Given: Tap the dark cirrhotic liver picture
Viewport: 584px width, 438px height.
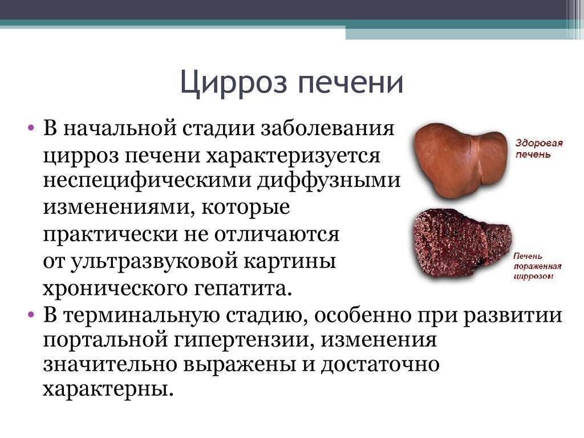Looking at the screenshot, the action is (x=463, y=244).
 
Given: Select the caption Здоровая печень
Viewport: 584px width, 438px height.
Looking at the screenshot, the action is (x=538, y=149).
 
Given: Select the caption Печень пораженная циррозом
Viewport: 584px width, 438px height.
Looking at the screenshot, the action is (x=537, y=266).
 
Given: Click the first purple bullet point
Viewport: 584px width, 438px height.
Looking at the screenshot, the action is (x=31, y=128).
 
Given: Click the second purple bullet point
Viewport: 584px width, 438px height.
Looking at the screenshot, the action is (x=31, y=315).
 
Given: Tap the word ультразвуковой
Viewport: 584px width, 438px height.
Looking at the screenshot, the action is (x=154, y=261).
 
